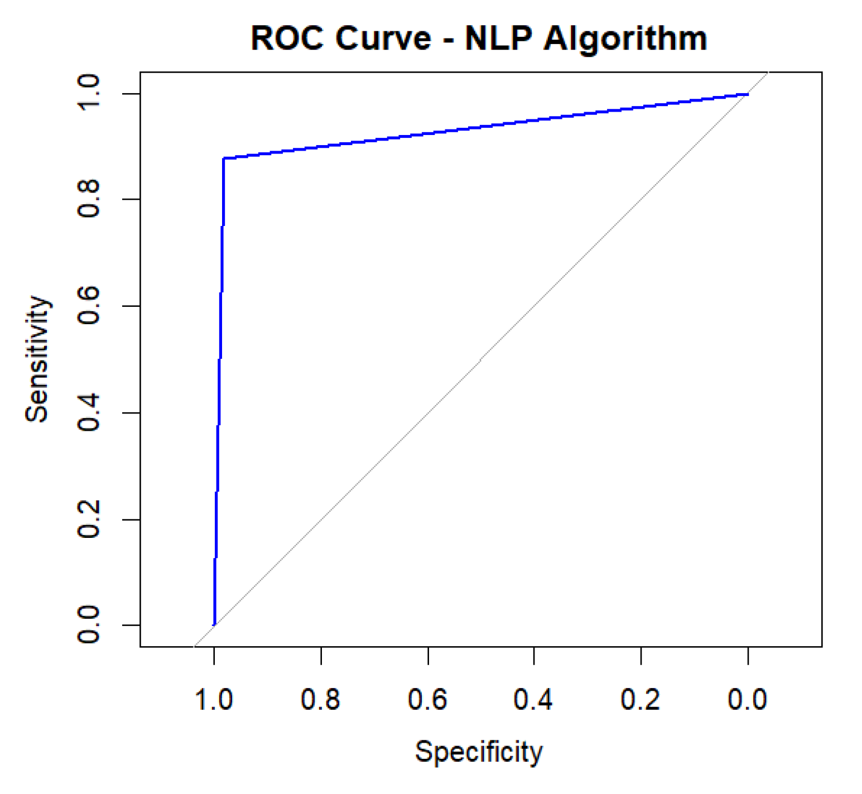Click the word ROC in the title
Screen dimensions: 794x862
pyautogui.click(x=287, y=39)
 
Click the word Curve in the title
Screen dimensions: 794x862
pyautogui.click(x=383, y=39)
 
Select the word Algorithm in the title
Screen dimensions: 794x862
pyautogui.click(x=625, y=40)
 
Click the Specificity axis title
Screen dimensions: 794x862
pyautogui.click(x=479, y=752)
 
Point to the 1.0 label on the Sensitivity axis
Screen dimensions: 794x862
pyautogui.click(x=89, y=93)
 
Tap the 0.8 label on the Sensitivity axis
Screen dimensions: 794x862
pyautogui.click(x=89, y=199)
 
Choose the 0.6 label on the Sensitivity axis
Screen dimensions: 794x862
pyautogui.click(x=89, y=306)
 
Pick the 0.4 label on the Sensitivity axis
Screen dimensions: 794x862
pyautogui.click(x=89, y=413)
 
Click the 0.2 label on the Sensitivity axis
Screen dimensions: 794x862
pyautogui.click(x=89, y=519)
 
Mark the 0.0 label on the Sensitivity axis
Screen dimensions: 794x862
pyautogui.click(x=89, y=625)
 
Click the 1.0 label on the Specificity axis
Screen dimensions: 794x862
pyautogui.click(x=214, y=700)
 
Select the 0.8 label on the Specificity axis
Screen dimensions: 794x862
pyautogui.click(x=321, y=700)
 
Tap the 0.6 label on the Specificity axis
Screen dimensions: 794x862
pyautogui.click(x=428, y=700)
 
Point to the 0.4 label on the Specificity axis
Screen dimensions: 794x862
pyautogui.click(x=534, y=700)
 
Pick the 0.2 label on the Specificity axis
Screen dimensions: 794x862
pyautogui.click(x=641, y=700)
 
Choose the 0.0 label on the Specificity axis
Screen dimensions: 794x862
pyautogui.click(x=748, y=700)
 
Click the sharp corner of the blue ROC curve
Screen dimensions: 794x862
pyautogui.click(x=224, y=158)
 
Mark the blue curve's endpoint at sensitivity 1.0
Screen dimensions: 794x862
pyautogui.click(x=747, y=94)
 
